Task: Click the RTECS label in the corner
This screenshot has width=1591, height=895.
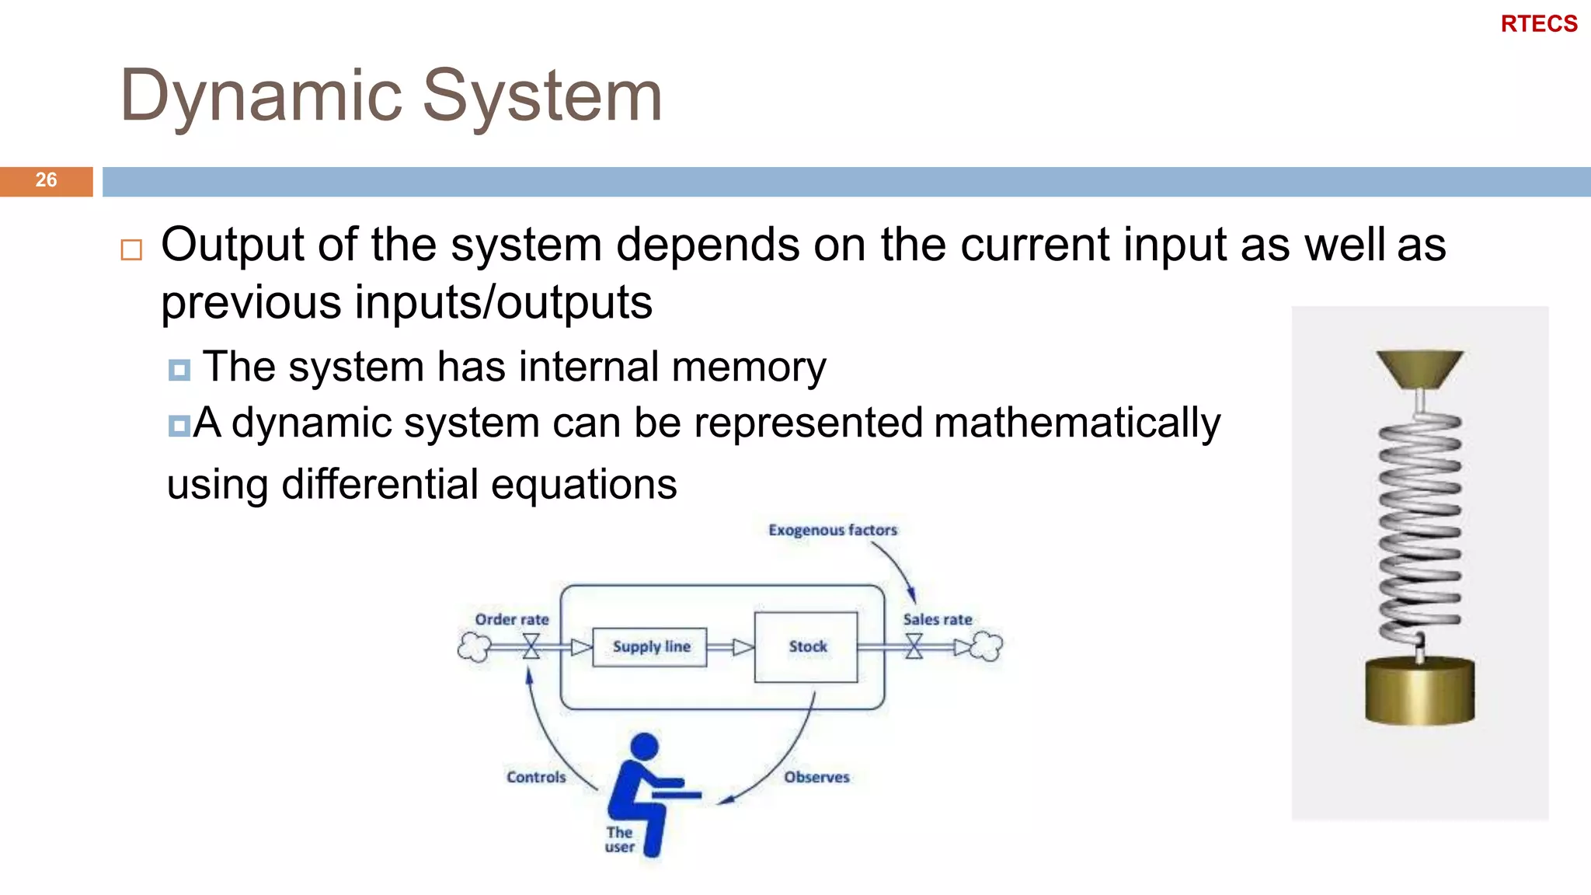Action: (x=1538, y=24)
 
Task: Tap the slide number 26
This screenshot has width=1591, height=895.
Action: (x=46, y=180)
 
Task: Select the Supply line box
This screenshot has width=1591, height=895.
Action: (x=650, y=646)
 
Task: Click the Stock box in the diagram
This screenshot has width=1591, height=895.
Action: (x=806, y=646)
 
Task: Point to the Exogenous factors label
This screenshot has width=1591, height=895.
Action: (x=832, y=530)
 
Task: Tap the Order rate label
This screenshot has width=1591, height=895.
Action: (x=512, y=619)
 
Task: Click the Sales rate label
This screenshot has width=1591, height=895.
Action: (x=937, y=619)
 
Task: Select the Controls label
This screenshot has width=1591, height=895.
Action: (x=536, y=777)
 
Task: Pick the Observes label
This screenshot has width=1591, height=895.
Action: (x=816, y=777)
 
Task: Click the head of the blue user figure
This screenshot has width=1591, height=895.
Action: (x=644, y=747)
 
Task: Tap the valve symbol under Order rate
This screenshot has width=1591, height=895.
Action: (x=531, y=646)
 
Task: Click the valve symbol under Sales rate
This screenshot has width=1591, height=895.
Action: (x=914, y=646)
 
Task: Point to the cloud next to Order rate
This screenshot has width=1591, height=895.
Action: (x=474, y=646)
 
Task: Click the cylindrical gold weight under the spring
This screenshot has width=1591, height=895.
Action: (x=1419, y=691)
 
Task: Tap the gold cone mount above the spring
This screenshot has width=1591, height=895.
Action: (x=1419, y=368)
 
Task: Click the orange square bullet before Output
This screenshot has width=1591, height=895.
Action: (x=131, y=249)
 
